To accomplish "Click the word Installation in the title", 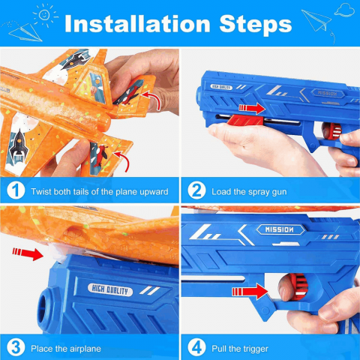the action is pos(137,23).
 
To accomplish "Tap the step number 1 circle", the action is pos(16,190).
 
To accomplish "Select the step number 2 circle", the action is pos(196,190).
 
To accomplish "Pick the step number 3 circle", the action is pos(16,347).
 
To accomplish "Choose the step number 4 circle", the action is pos(196,347).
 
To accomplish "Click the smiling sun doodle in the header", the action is pos(45,15).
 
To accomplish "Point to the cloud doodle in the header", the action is pos(344,10).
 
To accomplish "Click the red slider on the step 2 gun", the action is pos(245,120).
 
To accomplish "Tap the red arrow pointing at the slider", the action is pos(252,108).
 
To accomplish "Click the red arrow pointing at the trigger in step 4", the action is pos(250,292).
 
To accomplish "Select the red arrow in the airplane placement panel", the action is pos(28,253).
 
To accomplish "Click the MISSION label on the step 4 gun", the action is pos(279,229).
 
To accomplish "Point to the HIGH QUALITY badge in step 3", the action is pos(110,290).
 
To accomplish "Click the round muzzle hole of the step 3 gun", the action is pos(44,310).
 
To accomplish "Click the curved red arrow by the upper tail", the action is pos(151,100).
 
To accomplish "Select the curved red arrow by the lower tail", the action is pos(122,160).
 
